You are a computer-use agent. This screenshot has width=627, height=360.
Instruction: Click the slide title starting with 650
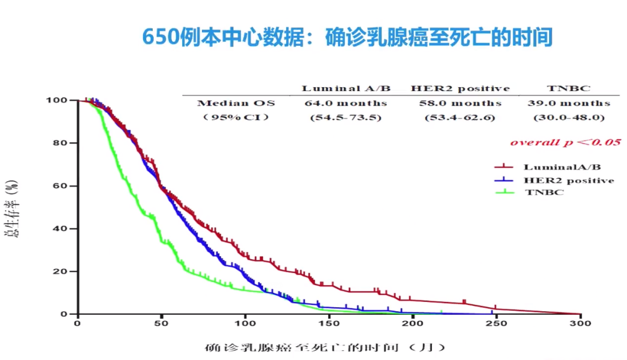coord(347,38)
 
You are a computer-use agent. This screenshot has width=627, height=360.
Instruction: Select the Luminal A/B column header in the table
coord(346,88)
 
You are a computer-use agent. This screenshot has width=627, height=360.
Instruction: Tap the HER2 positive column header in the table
coord(460,88)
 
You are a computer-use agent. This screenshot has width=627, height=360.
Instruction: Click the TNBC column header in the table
coord(568,88)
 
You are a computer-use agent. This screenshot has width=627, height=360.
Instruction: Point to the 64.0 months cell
coord(346,103)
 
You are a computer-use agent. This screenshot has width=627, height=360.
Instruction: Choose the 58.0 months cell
coord(460,103)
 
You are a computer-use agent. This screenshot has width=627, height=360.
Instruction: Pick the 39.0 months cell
coord(569,103)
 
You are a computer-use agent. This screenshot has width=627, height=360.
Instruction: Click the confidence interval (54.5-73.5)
coord(346,117)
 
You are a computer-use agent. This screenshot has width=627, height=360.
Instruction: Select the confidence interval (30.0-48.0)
coord(569,117)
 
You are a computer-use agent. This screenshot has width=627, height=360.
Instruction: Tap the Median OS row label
coord(236,103)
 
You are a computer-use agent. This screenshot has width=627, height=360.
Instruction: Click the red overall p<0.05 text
coord(565,142)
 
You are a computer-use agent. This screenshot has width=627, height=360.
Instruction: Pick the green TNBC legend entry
coord(543,192)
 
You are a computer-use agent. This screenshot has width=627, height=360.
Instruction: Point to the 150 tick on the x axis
coord(329,323)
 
